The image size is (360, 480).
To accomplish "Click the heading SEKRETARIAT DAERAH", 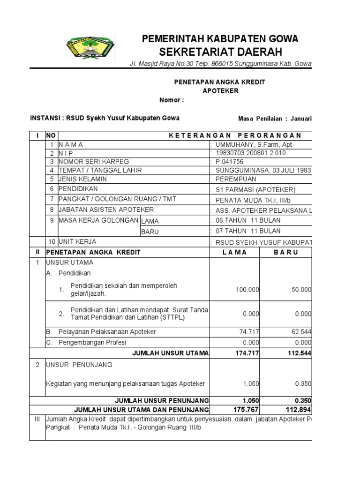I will (220, 51).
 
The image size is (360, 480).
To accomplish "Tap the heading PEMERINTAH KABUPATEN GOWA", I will (220, 38).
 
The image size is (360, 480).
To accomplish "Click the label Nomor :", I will (172, 100).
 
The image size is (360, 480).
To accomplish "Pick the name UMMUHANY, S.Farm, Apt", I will (254, 145).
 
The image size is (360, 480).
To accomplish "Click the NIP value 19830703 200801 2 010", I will (250, 153).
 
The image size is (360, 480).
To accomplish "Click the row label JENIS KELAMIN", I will (82, 179).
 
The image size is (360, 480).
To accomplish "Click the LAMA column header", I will (234, 252).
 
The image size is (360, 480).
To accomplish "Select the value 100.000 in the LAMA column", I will (247, 290).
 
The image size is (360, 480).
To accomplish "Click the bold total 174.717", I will (247, 352).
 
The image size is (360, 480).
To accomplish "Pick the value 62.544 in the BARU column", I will (301, 332).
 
